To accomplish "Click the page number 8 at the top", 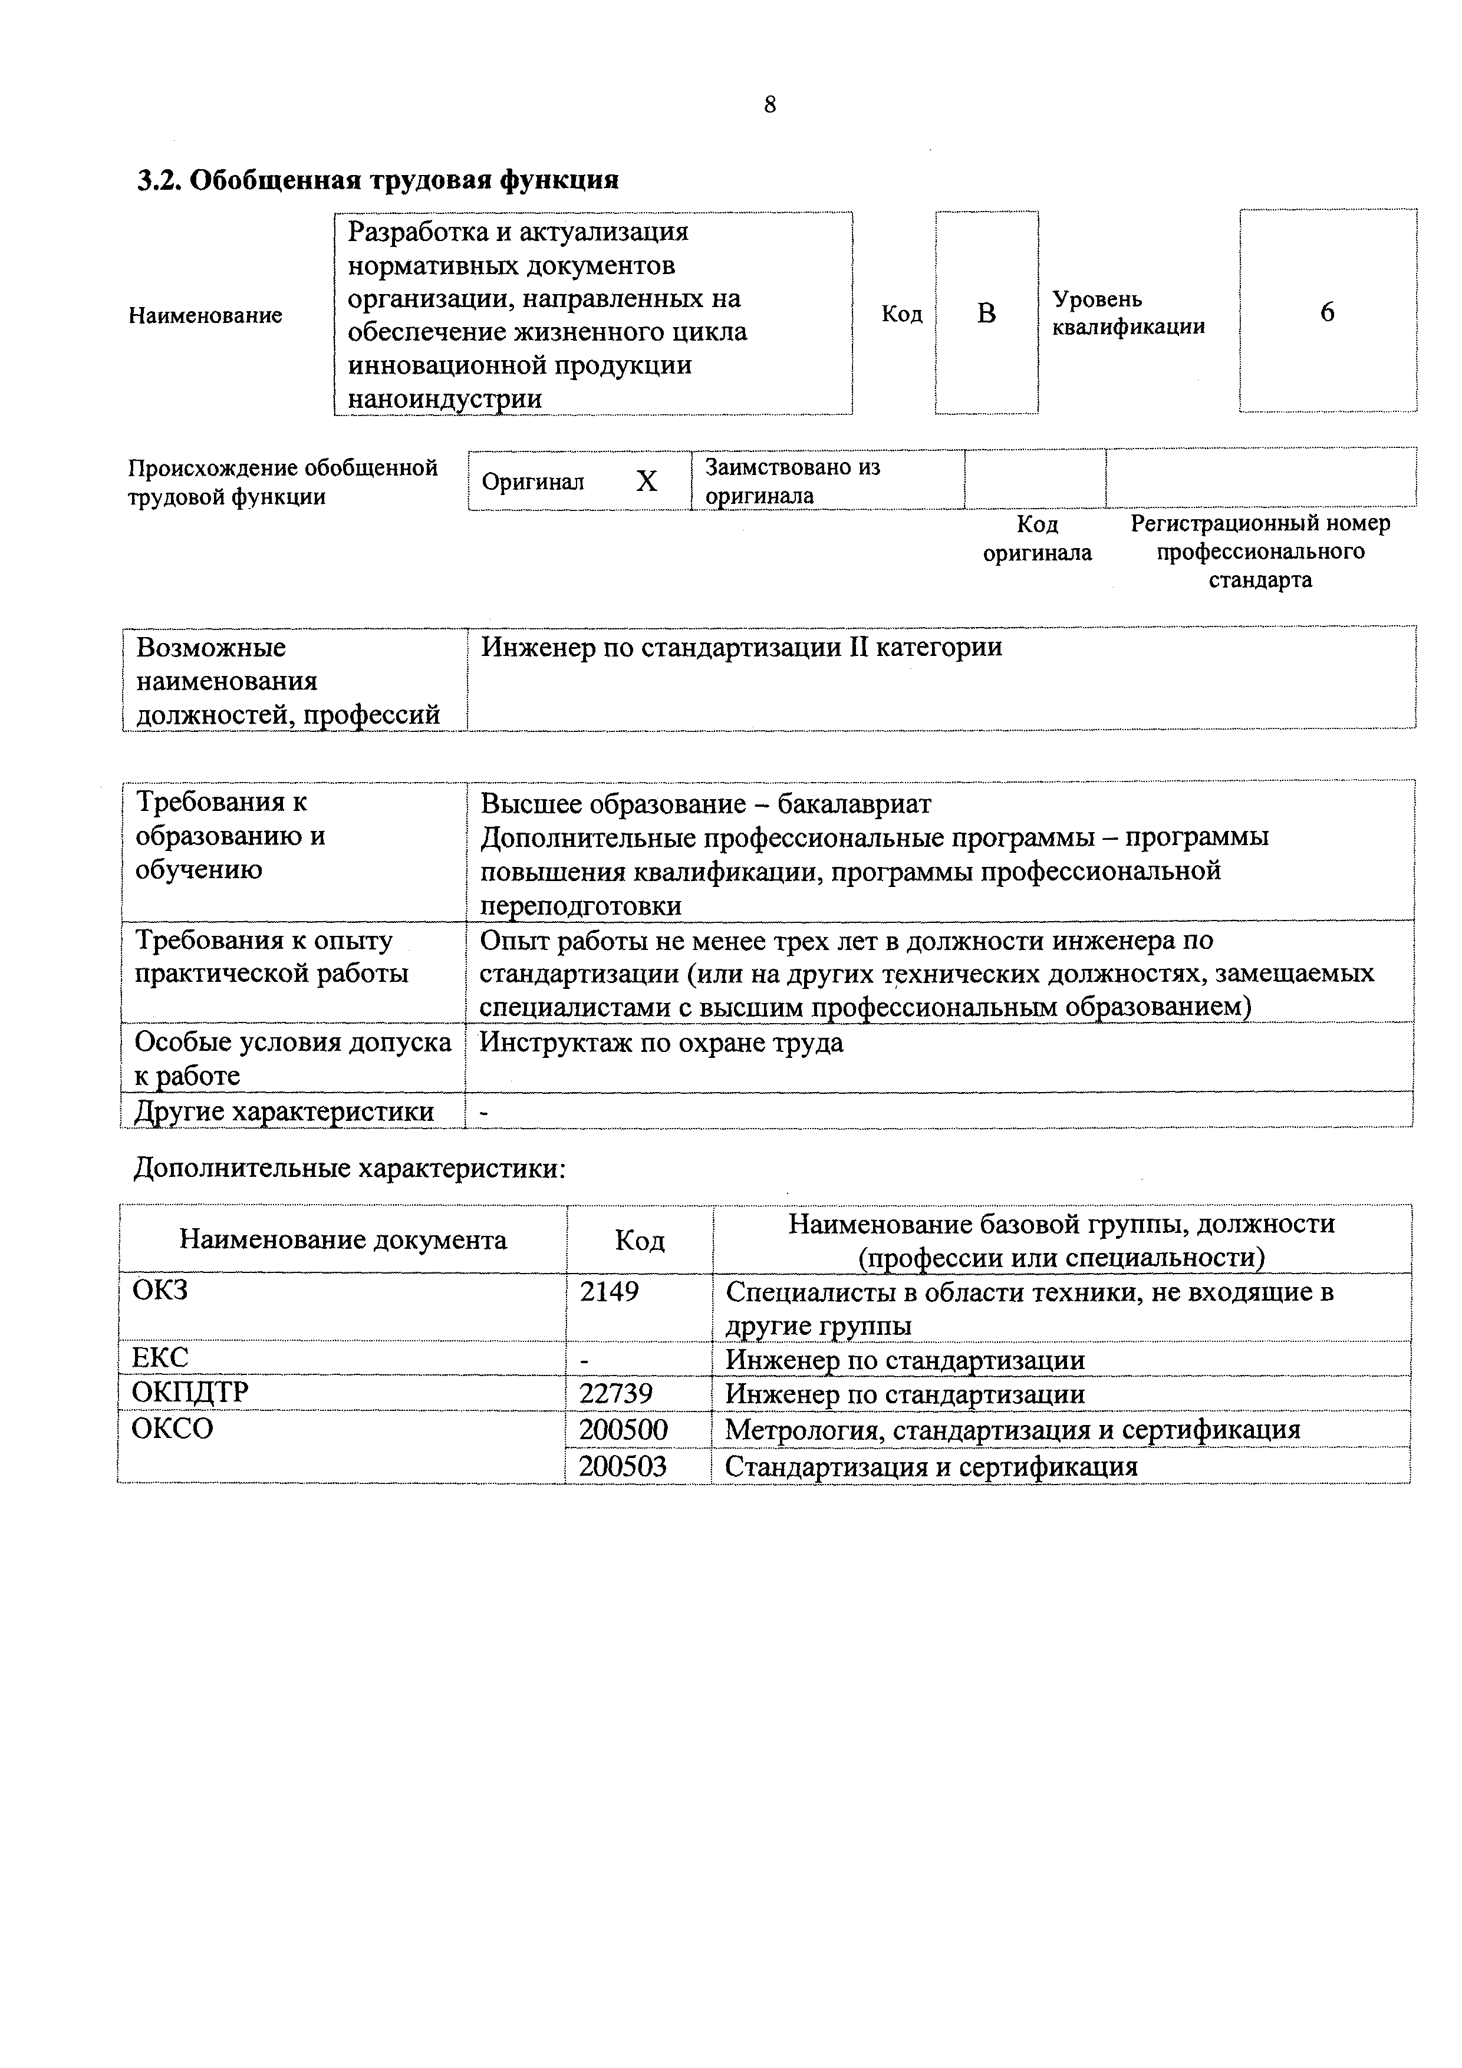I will tap(769, 105).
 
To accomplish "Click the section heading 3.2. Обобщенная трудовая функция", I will tap(377, 180).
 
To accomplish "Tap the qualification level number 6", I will tap(1327, 312).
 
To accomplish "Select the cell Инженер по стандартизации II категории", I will tap(742, 648).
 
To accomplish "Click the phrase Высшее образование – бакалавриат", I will tap(705, 803).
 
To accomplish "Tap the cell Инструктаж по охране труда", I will tap(661, 1043).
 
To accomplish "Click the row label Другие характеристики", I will tap(284, 1112).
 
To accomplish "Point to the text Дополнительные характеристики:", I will tap(350, 1169).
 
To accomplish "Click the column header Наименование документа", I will tap(343, 1240).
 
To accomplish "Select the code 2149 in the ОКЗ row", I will tap(609, 1292).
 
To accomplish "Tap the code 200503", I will tap(623, 1466).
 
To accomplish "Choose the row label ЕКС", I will tap(160, 1357).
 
